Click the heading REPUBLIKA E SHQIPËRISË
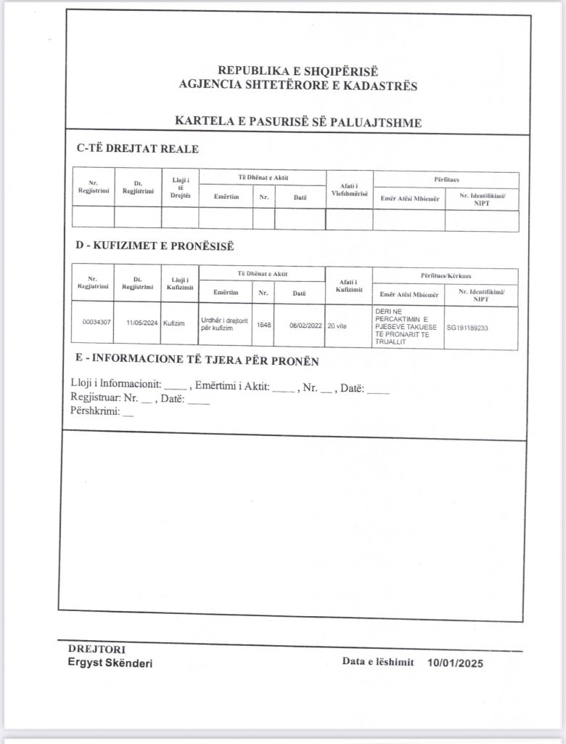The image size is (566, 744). pos(298,71)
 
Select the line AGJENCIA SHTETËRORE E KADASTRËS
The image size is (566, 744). pos(298,85)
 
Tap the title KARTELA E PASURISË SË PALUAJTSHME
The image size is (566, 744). pos(298,122)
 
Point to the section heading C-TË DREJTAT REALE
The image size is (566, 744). pos(137,149)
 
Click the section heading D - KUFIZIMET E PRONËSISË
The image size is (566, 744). pos(155,246)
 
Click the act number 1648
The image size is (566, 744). pos(263,325)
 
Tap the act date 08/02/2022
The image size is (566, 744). pos(304,325)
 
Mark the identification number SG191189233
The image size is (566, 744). pos(467,328)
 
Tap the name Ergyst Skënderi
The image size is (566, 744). pos(110,663)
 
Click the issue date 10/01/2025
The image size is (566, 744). pos(455,663)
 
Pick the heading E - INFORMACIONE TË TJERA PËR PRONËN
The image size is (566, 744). pos(197,361)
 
